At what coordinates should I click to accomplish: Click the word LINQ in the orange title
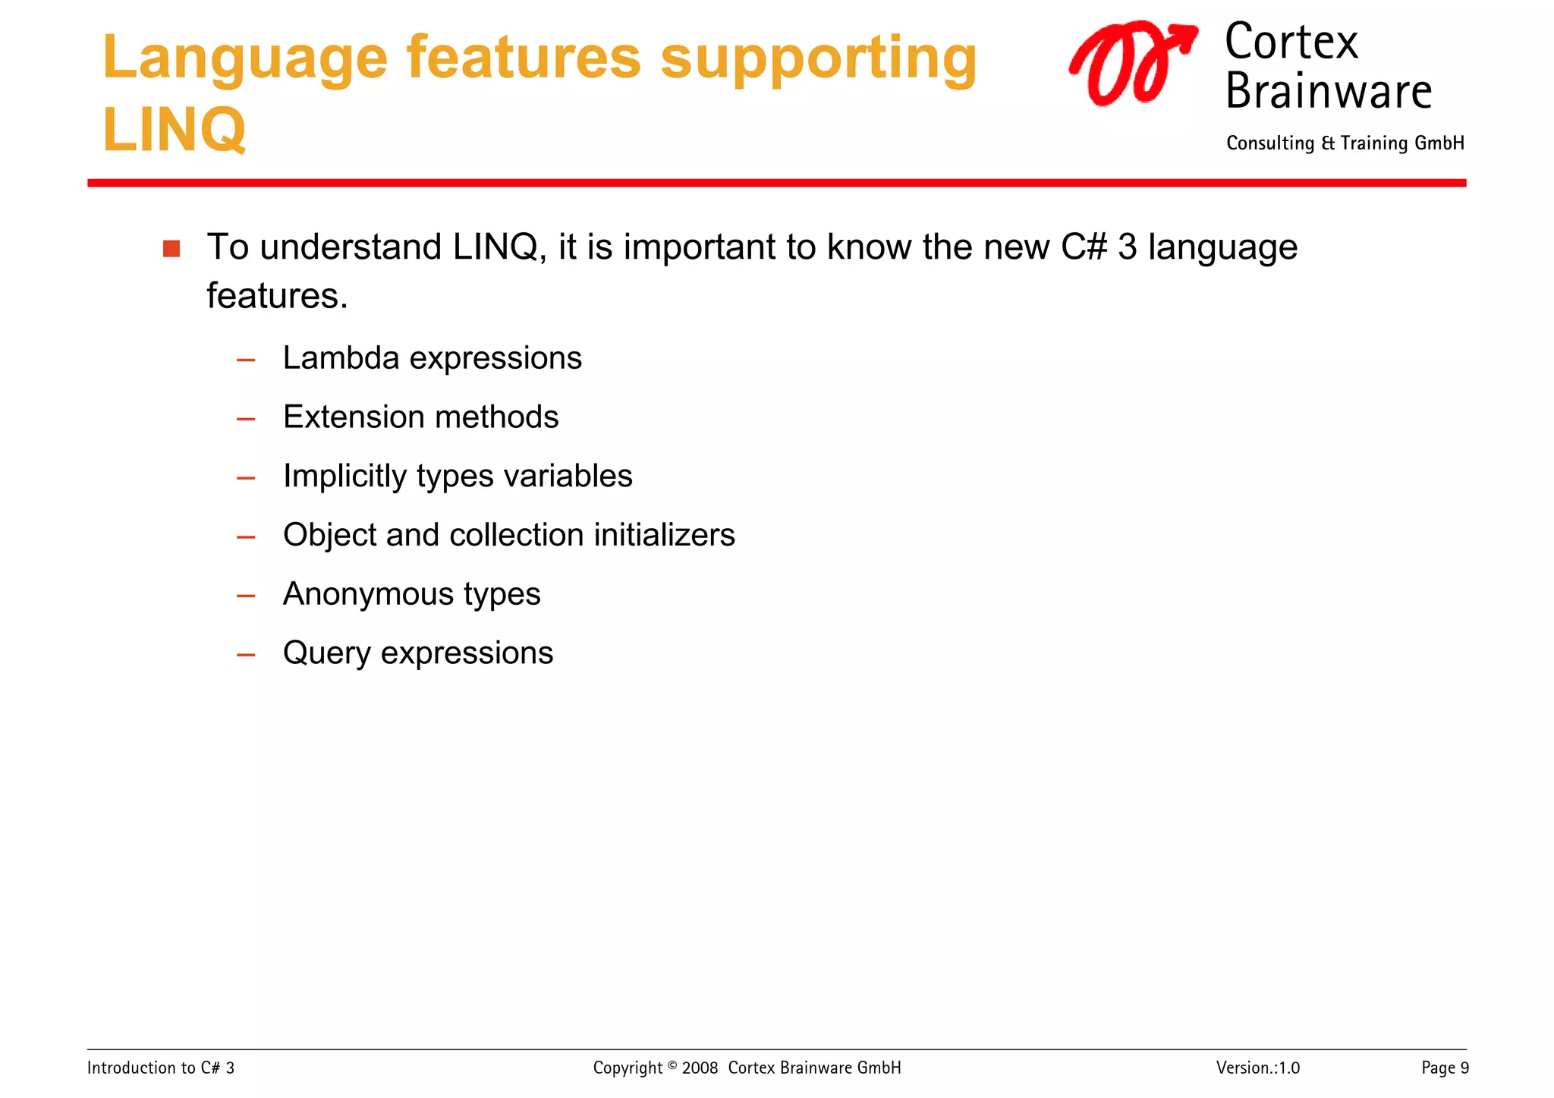174,129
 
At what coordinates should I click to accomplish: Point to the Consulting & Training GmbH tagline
1345,143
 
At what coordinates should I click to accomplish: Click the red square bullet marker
171,249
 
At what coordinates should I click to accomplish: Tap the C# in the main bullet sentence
1084,247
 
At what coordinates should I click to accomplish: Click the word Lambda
341,357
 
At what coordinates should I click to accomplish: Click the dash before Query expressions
246,655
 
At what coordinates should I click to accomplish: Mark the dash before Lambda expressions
246,360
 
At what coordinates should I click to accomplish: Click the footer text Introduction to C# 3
161,1068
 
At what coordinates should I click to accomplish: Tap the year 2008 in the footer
700,1068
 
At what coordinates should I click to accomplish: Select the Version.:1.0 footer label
1257,1068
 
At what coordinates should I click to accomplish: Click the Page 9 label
1445,1068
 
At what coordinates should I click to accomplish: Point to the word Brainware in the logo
1328,91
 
